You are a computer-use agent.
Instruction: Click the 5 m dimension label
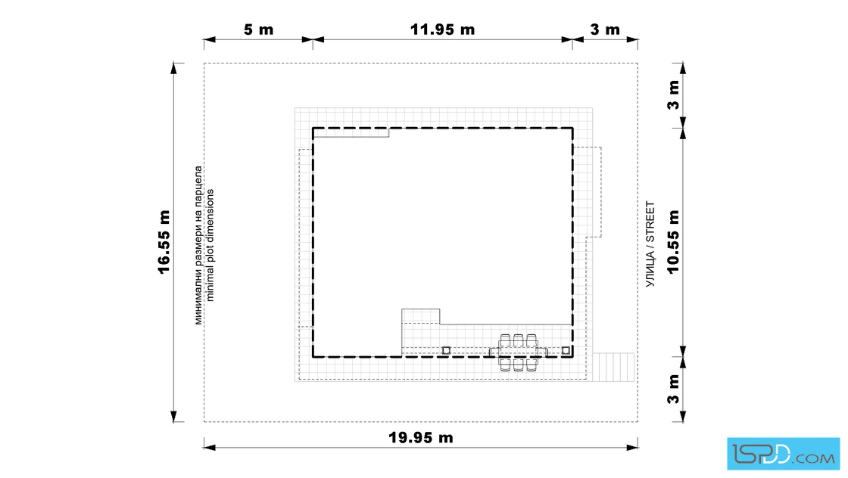(x=258, y=29)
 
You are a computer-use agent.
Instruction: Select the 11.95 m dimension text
(x=442, y=29)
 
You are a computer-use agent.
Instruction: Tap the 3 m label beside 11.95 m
(x=605, y=29)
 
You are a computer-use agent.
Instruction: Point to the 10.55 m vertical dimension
(x=673, y=242)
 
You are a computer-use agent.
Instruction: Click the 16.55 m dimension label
(x=164, y=242)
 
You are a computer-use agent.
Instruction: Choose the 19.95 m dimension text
(x=421, y=437)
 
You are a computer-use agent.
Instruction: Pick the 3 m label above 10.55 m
(x=673, y=95)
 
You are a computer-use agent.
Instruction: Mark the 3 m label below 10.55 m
(x=673, y=389)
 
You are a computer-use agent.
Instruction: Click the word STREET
(x=650, y=222)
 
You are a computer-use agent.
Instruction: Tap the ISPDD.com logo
(x=783, y=454)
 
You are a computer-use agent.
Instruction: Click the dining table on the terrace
(x=518, y=352)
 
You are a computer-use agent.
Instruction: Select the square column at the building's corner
(x=566, y=350)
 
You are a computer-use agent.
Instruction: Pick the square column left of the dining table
(x=446, y=350)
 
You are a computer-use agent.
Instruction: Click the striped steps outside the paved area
(x=613, y=368)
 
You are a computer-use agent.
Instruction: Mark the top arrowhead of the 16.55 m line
(x=173, y=68)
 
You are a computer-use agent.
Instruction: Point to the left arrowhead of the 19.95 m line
(x=210, y=447)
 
